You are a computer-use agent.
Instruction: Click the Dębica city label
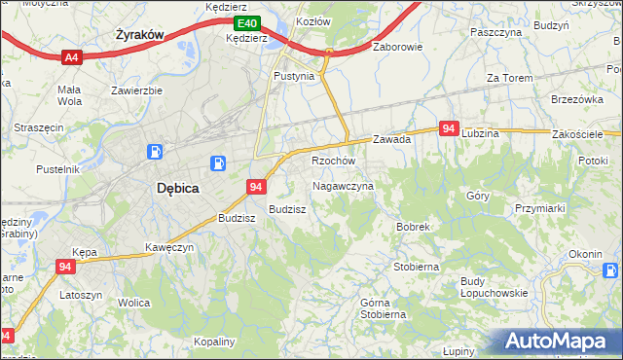[178, 190]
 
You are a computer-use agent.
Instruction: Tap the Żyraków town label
[138, 34]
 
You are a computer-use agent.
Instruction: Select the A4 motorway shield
[71, 58]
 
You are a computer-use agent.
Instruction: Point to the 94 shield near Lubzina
[449, 128]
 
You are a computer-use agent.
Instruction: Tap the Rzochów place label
[333, 161]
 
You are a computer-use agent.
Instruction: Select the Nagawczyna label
[343, 185]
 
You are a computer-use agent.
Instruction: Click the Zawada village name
[391, 139]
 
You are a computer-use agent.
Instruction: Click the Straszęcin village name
[39, 127]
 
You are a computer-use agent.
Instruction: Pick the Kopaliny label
[214, 342]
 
